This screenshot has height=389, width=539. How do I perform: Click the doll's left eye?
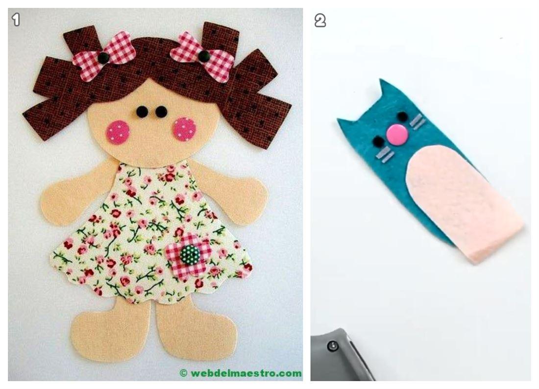[x=142, y=112]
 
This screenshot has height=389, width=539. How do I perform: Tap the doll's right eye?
[x=161, y=112]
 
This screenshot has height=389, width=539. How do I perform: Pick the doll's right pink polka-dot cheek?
[x=185, y=129]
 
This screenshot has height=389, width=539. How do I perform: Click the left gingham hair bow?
[x=102, y=57]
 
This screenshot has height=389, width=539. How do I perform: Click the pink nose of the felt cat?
[x=398, y=134]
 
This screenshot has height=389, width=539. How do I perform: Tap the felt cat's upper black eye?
[x=401, y=116]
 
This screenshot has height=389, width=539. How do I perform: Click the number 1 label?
[x=16, y=20]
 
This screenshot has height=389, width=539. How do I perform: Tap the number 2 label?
[x=320, y=21]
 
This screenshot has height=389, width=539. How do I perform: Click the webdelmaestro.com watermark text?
[x=241, y=373]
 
